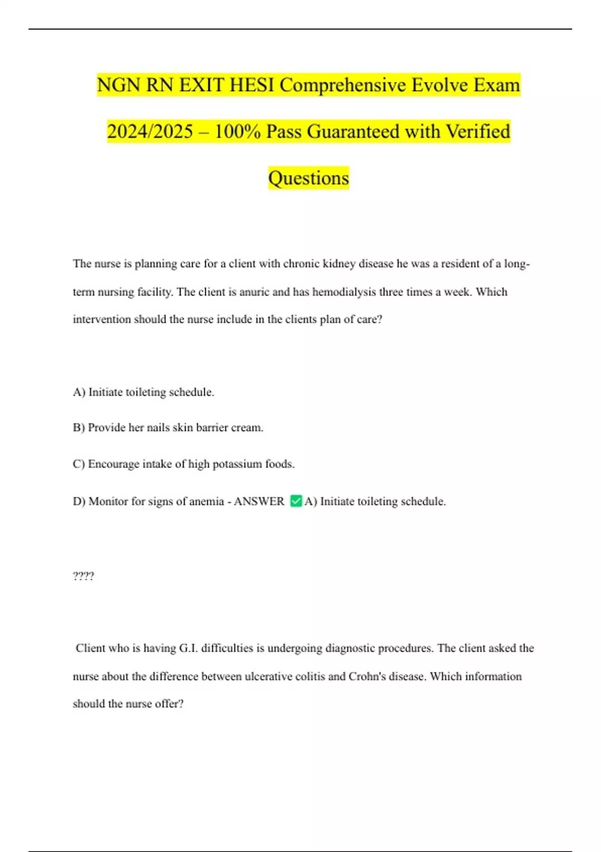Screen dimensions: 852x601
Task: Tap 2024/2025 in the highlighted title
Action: pyautogui.click(x=150, y=132)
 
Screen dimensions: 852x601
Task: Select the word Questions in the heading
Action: pyautogui.click(x=309, y=178)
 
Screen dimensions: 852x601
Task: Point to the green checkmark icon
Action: pyautogui.click(x=296, y=501)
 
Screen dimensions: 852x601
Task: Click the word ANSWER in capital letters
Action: pyautogui.click(x=259, y=502)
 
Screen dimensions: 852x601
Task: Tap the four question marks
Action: pyautogui.click(x=83, y=576)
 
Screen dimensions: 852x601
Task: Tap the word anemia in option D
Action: pyautogui.click(x=206, y=502)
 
